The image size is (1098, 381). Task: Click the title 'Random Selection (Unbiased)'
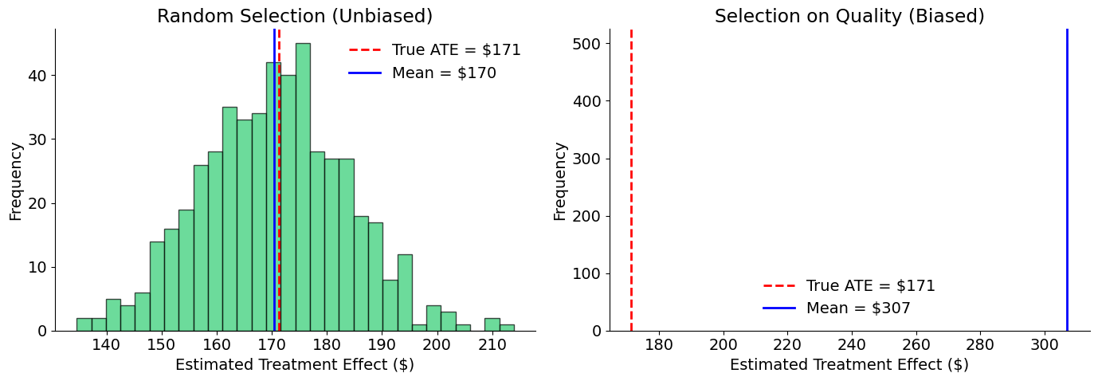[295, 16]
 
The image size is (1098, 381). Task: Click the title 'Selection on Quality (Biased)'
[849, 16]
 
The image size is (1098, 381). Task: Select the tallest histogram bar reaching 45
[303, 187]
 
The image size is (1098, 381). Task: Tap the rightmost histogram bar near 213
[507, 328]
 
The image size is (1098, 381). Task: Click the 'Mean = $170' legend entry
[443, 73]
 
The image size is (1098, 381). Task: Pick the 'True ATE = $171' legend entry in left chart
[456, 50]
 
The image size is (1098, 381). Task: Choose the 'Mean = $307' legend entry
[857, 308]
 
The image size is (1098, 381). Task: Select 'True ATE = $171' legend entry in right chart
[870, 285]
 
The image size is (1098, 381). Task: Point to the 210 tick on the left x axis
[492, 344]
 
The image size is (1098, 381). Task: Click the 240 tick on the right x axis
[852, 344]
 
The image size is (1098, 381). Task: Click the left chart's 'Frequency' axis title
[16, 181]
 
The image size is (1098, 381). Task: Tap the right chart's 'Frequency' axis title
[560, 181]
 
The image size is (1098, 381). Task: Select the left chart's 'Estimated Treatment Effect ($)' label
[295, 365]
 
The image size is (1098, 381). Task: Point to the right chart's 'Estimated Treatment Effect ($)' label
[849, 365]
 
